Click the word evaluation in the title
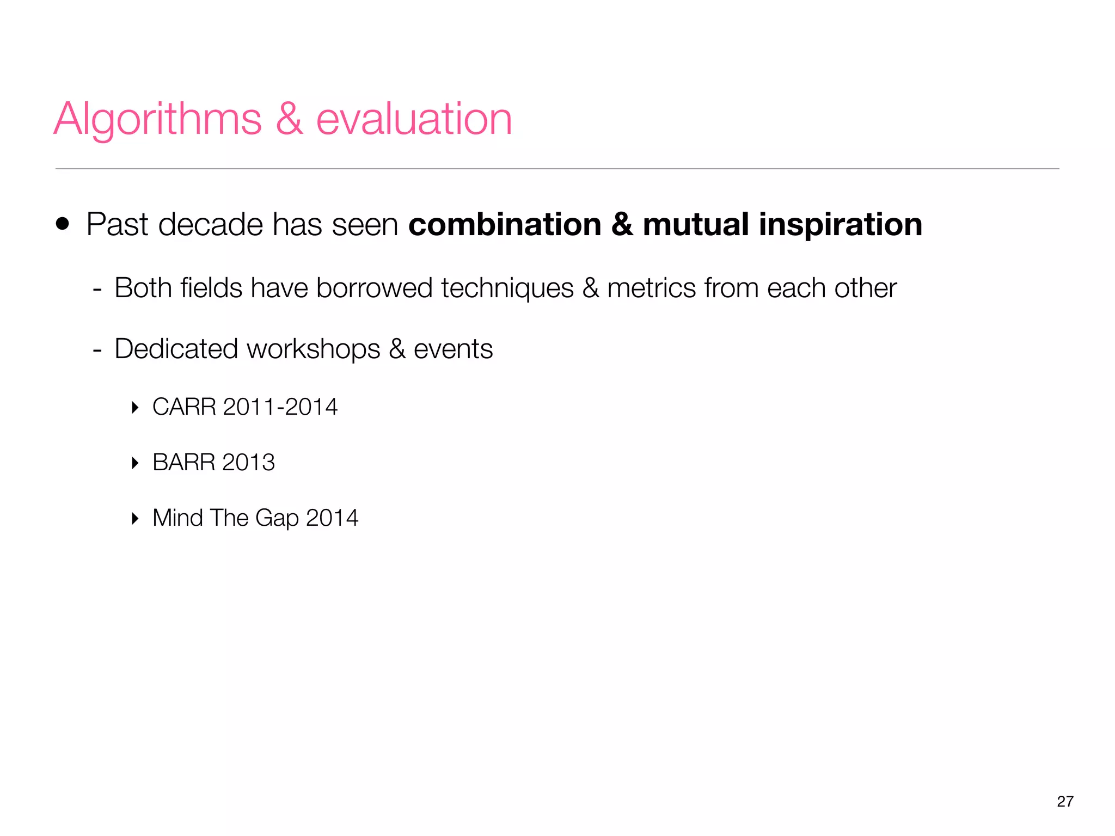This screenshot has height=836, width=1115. pos(414,120)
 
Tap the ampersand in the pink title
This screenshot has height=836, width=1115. pos(289,120)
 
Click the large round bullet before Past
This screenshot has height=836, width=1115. pos(63,224)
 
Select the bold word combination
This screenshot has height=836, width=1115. pos(504,224)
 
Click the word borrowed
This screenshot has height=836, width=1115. pos(374,288)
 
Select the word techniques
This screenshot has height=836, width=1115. pos(507,288)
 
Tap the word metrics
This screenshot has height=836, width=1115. pos(651,288)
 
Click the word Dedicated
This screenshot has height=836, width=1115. pos(176,349)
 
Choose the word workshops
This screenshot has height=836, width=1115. pos(314,349)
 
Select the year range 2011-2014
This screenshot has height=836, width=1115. pos(280,407)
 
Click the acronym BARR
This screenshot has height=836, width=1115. pos(184,463)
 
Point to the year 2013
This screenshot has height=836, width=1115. pos(248,463)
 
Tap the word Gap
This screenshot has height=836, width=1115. pos(277,518)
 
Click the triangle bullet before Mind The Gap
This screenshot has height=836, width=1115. pos(135,518)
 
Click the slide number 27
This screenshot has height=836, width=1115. pos(1065,801)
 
